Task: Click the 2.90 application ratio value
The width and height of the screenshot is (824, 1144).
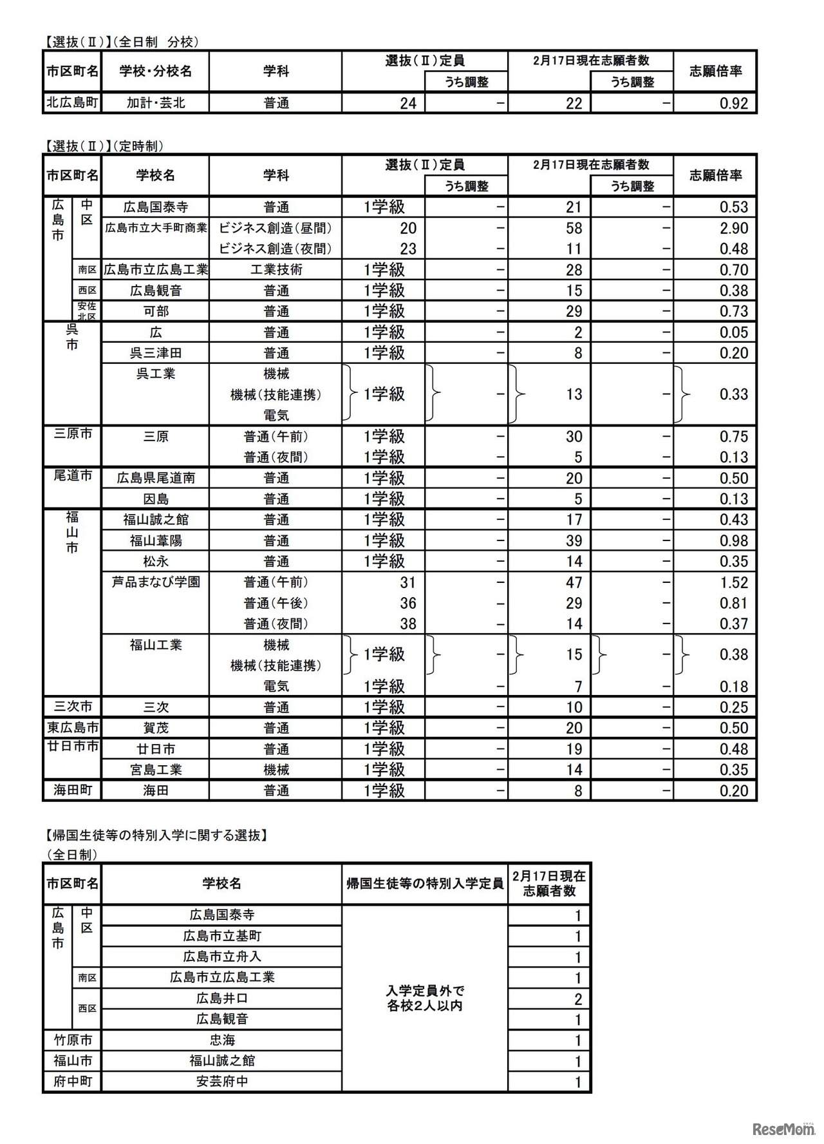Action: coord(733,228)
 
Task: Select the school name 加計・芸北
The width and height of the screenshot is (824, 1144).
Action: coord(156,102)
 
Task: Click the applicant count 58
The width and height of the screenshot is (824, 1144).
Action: coord(574,228)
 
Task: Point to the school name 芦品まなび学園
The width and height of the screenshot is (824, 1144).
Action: coord(156,582)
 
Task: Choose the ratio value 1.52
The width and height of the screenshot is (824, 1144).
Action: coord(733,582)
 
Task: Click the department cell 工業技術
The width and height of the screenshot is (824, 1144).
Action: coord(276,270)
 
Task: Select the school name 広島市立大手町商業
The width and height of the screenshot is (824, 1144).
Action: coord(156,228)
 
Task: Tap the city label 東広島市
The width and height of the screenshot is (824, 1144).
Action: coord(72,728)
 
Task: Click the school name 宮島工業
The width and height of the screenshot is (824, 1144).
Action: coord(156,770)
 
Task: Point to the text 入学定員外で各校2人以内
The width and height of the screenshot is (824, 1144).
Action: coord(425,998)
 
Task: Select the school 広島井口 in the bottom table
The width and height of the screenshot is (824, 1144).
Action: coord(222,998)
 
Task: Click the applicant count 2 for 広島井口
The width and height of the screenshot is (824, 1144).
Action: coord(578,999)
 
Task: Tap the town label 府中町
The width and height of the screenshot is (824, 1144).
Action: coord(72,1082)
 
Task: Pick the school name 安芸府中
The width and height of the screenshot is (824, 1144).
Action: coord(222,1082)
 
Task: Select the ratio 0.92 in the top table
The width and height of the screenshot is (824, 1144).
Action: coord(733,103)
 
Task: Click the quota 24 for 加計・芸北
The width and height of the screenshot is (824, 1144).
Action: coord(408,103)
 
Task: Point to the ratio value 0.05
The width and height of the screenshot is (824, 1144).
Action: coord(733,332)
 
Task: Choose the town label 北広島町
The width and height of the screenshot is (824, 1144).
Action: coord(72,102)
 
